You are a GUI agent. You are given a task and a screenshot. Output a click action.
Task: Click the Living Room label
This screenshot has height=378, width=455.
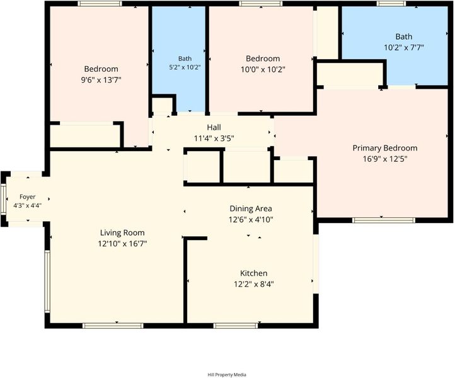122,232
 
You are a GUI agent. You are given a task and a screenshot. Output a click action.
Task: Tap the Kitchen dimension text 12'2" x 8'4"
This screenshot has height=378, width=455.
254,284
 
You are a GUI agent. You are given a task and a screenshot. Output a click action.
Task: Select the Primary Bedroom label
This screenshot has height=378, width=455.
385,148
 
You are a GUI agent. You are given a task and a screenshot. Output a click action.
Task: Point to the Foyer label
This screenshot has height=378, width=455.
28,197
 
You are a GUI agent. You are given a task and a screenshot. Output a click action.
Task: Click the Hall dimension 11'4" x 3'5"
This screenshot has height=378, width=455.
214,139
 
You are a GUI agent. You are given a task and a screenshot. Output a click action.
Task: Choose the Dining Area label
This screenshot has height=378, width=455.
251,209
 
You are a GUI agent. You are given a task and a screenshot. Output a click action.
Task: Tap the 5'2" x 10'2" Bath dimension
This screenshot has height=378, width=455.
185,67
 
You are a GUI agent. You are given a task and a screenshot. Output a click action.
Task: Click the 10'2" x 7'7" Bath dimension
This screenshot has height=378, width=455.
404,47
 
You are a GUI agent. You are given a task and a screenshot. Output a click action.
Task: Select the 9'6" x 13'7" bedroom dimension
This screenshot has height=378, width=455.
101,80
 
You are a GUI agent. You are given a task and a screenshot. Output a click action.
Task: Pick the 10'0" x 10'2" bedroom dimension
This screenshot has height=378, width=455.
263,70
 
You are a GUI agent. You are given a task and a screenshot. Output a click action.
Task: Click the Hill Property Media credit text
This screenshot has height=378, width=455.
227,374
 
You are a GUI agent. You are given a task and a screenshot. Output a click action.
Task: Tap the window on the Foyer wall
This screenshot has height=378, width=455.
4,199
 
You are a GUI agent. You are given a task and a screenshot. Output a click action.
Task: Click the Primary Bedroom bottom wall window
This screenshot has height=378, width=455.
384,220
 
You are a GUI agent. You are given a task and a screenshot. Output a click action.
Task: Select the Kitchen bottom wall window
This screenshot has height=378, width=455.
236,326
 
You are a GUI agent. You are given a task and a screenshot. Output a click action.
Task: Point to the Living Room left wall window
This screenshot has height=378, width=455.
47,282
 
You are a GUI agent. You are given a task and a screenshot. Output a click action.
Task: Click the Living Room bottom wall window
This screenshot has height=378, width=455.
113,326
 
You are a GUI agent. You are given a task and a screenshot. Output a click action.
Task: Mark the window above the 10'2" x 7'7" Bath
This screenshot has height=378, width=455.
391,4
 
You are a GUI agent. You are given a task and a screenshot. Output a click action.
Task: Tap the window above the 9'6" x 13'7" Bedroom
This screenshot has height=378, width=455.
100,4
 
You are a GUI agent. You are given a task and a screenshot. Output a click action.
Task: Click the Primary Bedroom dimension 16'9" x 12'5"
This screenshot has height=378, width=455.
385,159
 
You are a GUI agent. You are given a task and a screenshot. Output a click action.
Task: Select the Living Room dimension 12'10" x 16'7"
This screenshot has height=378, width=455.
122,244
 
